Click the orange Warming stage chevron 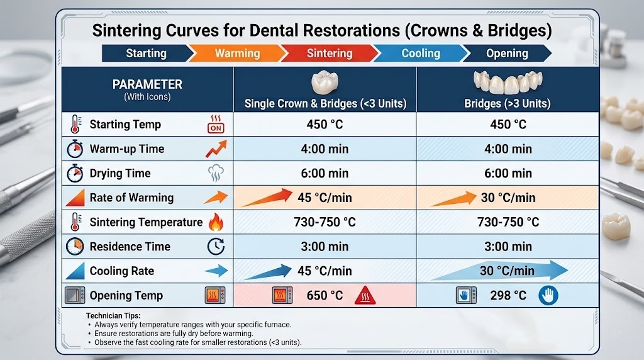click(237, 53)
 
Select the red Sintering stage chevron click(330, 53)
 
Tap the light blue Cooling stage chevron click(421, 53)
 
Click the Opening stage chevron click(507, 53)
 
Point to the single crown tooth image click(325, 82)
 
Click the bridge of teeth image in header click(508, 82)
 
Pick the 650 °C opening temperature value click(325, 295)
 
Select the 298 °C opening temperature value click(508, 295)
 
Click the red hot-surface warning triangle click(365, 295)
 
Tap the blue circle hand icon click(548, 295)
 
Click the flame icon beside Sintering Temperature click(216, 222)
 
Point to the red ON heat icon click(216, 124)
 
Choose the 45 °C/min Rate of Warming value click(325, 198)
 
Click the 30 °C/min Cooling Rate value click(508, 271)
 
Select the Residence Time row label click(130, 247)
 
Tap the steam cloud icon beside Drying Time click(216, 173)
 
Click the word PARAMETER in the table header click(147, 84)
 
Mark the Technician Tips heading click(113, 315)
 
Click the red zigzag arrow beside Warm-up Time click(216, 149)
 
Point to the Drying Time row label click(120, 174)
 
